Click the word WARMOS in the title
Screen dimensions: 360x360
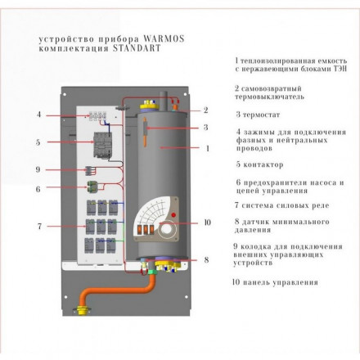(148, 38)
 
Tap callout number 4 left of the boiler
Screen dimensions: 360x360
(38, 115)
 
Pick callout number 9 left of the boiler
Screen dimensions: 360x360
(38, 169)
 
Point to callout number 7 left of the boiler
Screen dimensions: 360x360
(38, 226)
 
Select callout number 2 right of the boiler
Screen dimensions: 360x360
(206, 110)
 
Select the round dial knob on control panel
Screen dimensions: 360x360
(174, 228)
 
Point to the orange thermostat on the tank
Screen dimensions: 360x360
(146, 131)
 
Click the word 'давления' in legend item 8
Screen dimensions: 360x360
(254, 231)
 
